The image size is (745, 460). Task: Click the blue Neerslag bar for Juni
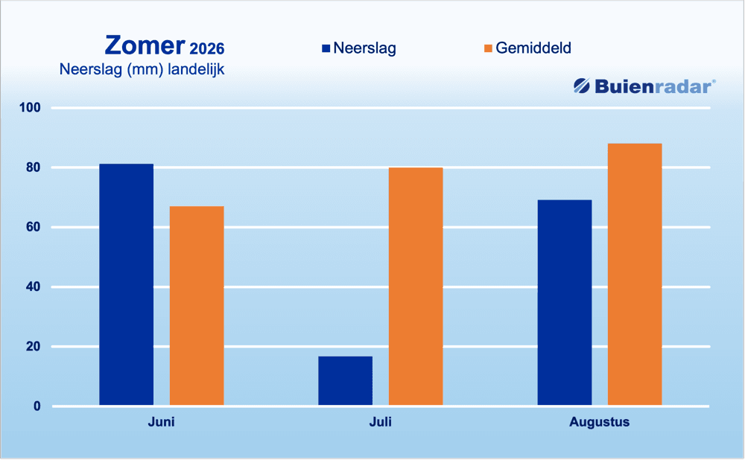click(127, 284)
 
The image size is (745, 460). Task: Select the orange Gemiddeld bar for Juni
click(197, 306)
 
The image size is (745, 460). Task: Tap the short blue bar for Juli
click(346, 380)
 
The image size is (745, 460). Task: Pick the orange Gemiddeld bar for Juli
click(416, 287)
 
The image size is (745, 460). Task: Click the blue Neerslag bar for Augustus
click(565, 302)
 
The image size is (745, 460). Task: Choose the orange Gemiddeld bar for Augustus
click(635, 275)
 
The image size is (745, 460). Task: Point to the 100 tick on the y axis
click(30, 108)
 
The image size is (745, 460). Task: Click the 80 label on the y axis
click(34, 167)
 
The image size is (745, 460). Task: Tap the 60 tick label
click(34, 227)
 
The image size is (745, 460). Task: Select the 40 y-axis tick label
click(34, 287)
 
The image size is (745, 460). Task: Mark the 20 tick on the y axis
click(34, 347)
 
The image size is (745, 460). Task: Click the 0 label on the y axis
click(37, 406)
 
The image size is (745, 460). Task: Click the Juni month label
click(161, 422)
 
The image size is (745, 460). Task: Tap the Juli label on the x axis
click(381, 422)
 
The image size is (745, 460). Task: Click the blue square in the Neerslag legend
click(326, 48)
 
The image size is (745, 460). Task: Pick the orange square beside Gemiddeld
click(488, 48)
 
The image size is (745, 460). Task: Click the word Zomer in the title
click(145, 46)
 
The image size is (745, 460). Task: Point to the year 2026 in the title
click(206, 49)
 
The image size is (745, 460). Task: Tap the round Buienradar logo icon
click(582, 86)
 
